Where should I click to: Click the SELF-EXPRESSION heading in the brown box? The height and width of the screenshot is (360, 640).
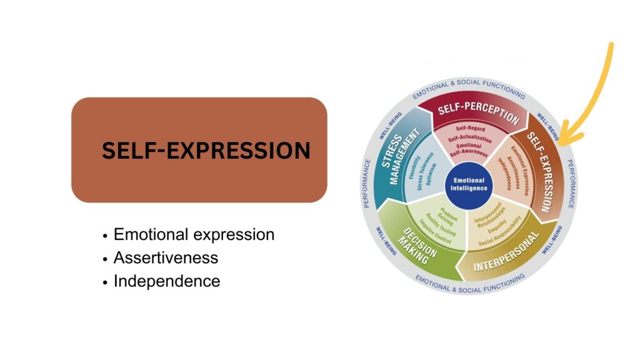point(206,150)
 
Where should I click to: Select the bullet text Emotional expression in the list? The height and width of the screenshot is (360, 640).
point(194,235)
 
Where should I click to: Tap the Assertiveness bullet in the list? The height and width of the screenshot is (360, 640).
point(166,258)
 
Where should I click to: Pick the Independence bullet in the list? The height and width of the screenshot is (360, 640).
point(166,281)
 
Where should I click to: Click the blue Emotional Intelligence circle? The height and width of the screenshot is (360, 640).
point(469,185)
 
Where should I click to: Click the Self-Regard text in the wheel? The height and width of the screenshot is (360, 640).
point(470,129)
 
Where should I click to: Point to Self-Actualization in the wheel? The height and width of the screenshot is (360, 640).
point(470,138)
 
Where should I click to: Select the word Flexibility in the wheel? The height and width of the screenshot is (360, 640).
point(414,167)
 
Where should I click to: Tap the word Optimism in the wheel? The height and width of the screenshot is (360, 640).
point(431,174)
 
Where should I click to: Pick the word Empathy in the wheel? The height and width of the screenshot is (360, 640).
point(497,226)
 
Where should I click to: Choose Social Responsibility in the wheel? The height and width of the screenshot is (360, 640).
point(500,232)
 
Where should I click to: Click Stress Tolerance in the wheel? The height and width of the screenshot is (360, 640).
point(424,171)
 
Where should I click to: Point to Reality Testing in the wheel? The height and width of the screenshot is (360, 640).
point(441,224)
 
